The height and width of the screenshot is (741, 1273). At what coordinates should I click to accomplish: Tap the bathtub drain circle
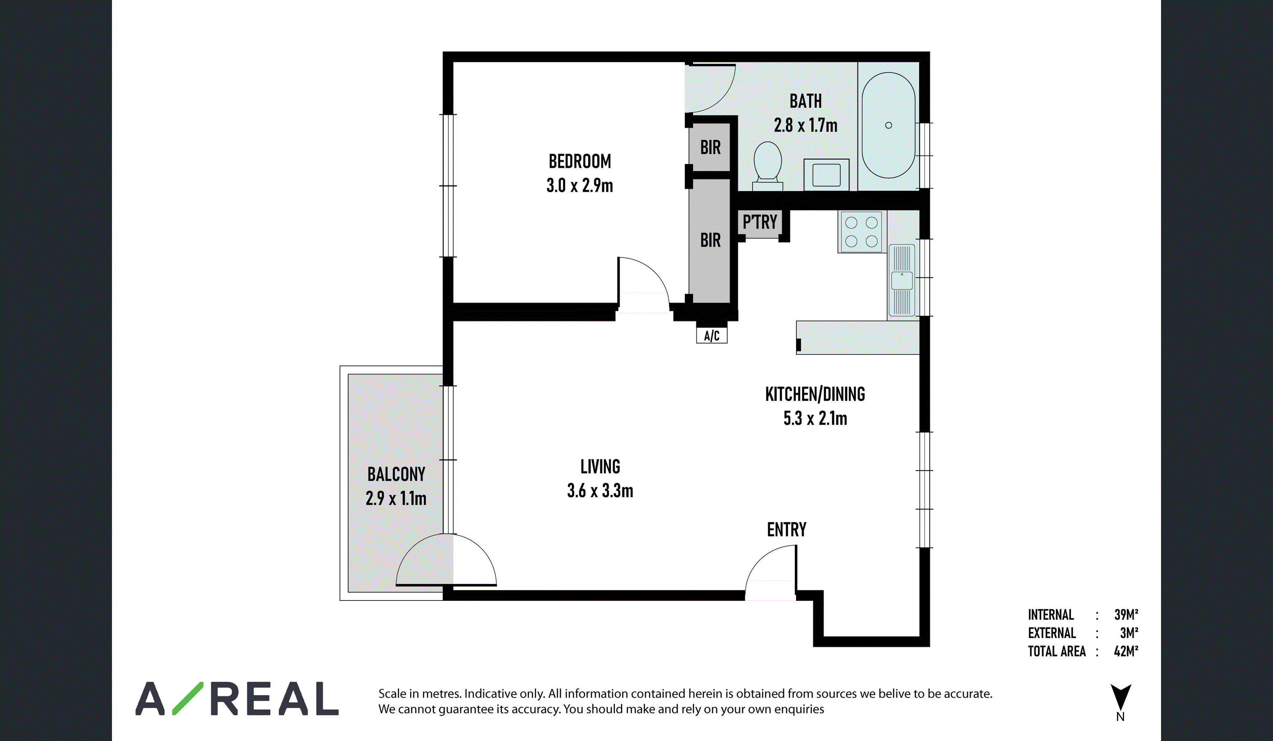[x=889, y=125]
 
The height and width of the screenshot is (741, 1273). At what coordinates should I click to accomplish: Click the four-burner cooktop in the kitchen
[x=861, y=232]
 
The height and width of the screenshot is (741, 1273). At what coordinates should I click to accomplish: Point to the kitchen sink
[x=902, y=281]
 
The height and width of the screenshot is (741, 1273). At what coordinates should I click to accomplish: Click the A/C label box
[x=712, y=336]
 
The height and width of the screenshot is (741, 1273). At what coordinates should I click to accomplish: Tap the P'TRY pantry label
[x=760, y=222]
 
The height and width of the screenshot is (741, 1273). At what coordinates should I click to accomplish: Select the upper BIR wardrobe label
[x=710, y=148]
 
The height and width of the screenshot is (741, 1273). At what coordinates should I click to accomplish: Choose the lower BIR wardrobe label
[x=710, y=240]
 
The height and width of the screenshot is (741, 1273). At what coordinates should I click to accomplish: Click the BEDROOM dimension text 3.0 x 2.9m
[x=579, y=185]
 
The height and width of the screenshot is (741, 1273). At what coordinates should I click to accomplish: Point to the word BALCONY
[x=396, y=475]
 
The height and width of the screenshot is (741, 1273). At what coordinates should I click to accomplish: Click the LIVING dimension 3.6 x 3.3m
[x=600, y=490]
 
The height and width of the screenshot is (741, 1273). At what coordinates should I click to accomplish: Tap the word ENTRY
[x=787, y=530]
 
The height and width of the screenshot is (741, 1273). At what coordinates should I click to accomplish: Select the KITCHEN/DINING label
[x=815, y=394]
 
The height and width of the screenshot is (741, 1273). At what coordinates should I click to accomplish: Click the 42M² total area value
[x=1126, y=651]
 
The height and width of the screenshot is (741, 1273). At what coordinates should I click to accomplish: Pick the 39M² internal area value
[x=1127, y=614]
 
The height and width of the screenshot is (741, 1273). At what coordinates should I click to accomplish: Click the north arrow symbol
[x=1120, y=698]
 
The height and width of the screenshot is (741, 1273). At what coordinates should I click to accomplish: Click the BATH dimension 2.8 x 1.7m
[x=806, y=125]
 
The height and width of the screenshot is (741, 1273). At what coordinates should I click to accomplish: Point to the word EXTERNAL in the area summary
[x=1052, y=633]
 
